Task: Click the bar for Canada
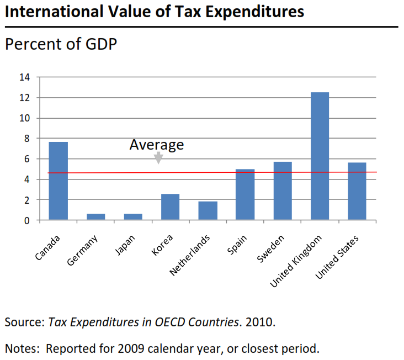58,181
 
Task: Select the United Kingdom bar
320,156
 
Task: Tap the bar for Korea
170,207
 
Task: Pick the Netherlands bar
208,211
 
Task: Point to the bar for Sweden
282,191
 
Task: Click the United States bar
357,192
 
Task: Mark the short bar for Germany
95,217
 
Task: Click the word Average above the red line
156,145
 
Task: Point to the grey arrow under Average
158,158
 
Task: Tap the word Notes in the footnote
22,348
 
